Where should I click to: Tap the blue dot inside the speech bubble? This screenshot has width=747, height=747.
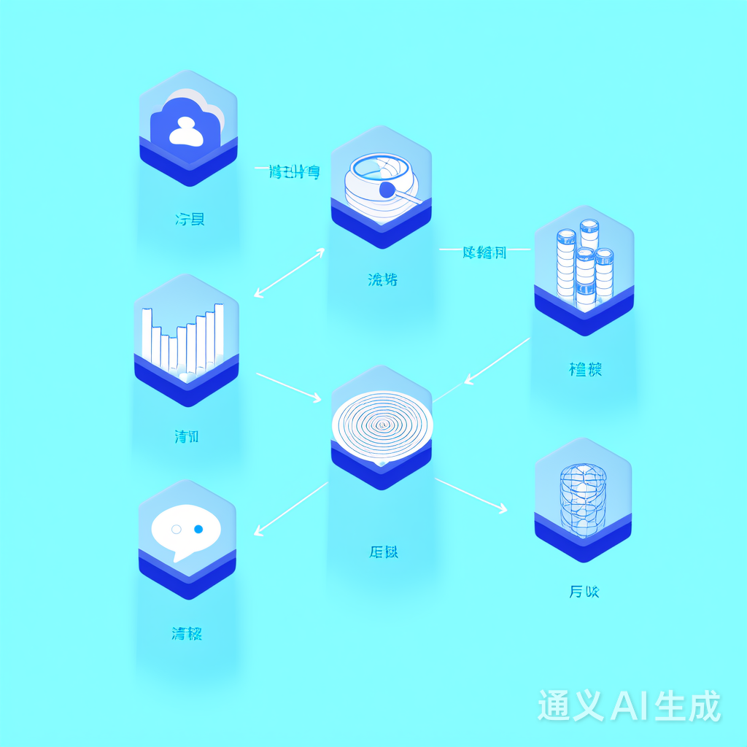tap(198, 528)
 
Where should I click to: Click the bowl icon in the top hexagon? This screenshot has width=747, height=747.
tap(379, 182)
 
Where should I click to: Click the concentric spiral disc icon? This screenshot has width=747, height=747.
tap(381, 424)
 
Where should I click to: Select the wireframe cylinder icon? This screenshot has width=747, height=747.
tap(583, 497)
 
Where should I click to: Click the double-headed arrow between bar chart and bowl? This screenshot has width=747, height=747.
tap(290, 272)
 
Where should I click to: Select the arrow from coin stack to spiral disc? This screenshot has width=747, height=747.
tap(498, 361)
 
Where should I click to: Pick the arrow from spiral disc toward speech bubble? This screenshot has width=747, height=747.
tap(290, 508)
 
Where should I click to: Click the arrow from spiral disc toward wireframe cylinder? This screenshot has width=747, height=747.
tap(471, 494)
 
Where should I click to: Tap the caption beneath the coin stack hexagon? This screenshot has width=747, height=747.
tap(585, 370)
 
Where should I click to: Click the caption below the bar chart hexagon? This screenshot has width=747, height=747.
tap(187, 437)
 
